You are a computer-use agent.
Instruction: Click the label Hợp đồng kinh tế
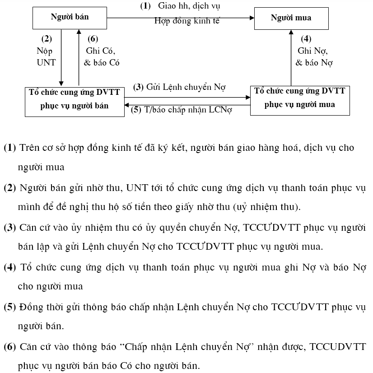pyautogui.click(x=186, y=21)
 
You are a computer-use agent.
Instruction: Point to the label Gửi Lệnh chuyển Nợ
pyautogui.click(x=185, y=87)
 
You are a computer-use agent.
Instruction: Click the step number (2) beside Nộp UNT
pyautogui.click(x=47, y=39)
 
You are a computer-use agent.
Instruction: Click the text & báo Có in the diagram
pyautogui.click(x=102, y=63)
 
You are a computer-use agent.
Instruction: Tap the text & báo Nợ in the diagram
pyautogui.click(x=314, y=63)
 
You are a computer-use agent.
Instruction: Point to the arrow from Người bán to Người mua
pyautogui.click(x=181, y=18)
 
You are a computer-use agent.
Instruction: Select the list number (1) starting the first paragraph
pyautogui.click(x=9, y=148)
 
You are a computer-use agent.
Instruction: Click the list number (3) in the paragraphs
pyautogui.click(x=9, y=227)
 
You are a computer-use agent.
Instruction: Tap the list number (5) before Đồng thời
pyautogui.click(x=9, y=307)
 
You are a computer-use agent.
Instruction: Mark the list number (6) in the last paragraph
pyautogui.click(x=9, y=347)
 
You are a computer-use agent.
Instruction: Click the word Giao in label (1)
pyautogui.click(x=167, y=6)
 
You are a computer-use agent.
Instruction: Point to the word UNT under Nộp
pyautogui.click(x=46, y=63)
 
